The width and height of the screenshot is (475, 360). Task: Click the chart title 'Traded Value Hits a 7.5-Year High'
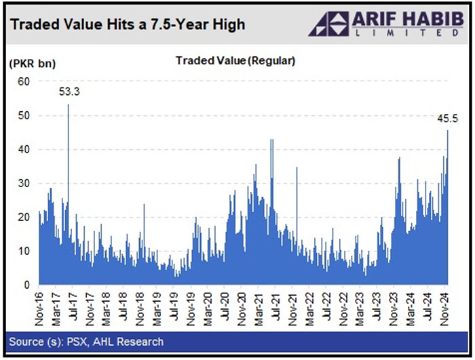[128, 25]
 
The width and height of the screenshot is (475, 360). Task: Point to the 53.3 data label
[69, 92]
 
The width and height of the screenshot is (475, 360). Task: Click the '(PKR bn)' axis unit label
[33, 64]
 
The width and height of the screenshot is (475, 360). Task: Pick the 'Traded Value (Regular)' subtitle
[235, 61]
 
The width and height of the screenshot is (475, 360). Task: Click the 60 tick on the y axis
[24, 81]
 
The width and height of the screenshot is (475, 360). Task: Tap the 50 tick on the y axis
[24, 115]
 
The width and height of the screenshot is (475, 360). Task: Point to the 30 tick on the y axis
[24, 183]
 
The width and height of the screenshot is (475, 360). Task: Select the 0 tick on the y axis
[27, 285]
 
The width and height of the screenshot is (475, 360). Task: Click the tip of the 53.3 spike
[69, 104]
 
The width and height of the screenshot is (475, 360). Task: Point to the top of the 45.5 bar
[448, 131]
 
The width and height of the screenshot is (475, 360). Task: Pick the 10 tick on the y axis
[24, 251]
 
